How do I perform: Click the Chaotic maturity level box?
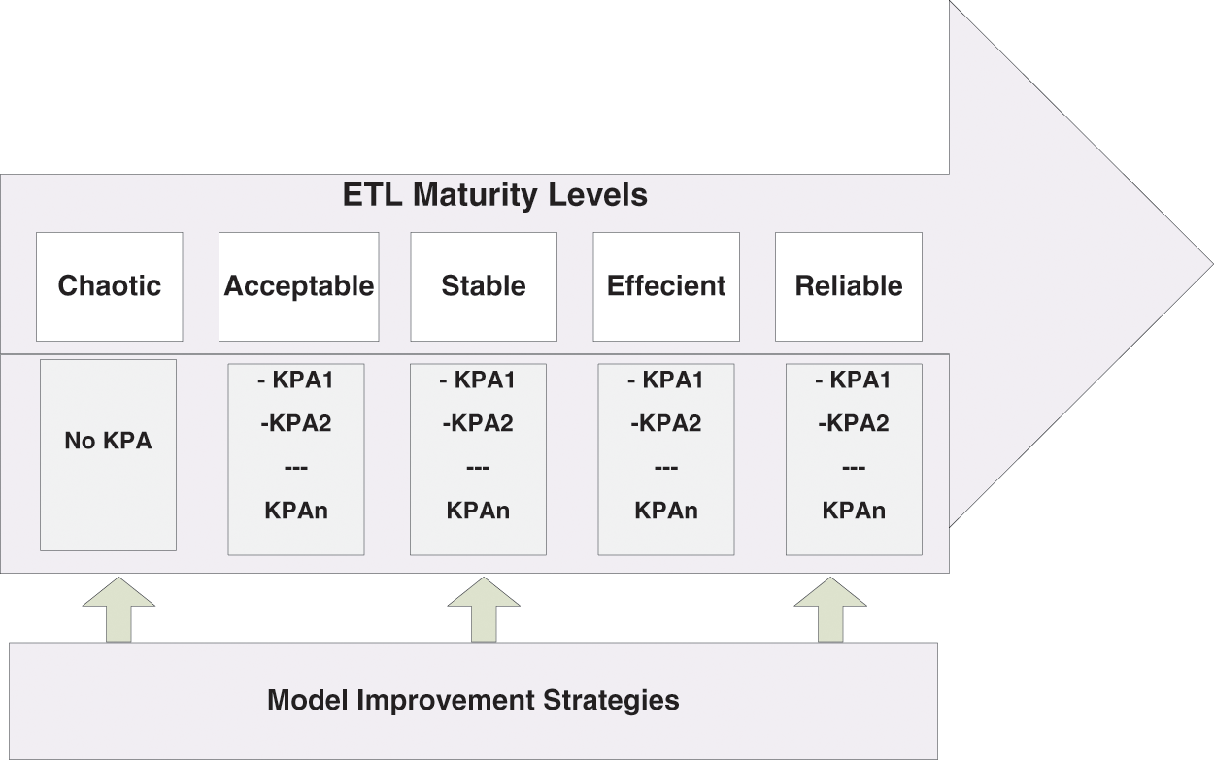click(x=109, y=286)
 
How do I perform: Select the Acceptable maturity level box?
click(x=298, y=286)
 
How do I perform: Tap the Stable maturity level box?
click(x=484, y=286)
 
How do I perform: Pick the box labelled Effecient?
click(x=666, y=286)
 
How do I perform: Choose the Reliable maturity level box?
click(x=849, y=286)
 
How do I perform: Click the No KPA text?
click(x=108, y=441)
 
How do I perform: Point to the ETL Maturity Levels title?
click(x=495, y=195)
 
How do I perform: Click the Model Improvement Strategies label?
click(x=473, y=700)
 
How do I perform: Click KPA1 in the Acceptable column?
click(x=296, y=380)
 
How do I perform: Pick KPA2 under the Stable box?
click(x=477, y=423)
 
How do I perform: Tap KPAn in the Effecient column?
click(x=666, y=511)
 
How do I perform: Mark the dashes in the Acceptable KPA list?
click(x=296, y=468)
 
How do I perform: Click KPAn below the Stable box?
click(x=478, y=511)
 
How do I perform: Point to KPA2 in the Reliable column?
click(x=853, y=423)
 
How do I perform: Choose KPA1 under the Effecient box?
click(x=666, y=380)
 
